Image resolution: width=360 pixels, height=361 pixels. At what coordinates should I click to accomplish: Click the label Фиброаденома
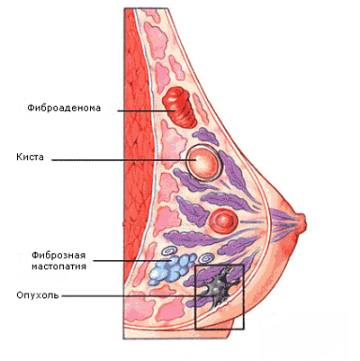(64, 108)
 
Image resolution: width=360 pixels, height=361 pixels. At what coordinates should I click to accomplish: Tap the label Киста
(30, 157)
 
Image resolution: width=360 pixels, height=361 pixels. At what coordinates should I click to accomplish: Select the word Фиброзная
(58, 256)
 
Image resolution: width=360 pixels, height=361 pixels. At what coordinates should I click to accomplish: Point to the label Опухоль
(38, 295)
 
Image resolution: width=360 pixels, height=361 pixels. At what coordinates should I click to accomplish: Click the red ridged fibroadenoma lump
(179, 107)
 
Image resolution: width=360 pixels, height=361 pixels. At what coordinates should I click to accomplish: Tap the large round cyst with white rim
(204, 162)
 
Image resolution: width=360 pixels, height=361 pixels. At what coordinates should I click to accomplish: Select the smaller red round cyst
(223, 221)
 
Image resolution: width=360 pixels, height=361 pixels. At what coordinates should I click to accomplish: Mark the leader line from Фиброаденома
(146, 111)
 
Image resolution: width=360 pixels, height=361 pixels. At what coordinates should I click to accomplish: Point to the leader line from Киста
(124, 160)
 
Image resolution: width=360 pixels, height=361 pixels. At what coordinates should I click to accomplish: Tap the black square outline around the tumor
(195, 297)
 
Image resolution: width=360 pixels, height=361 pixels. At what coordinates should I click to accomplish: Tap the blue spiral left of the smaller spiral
(168, 251)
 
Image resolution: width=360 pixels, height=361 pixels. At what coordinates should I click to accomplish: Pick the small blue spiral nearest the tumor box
(207, 258)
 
